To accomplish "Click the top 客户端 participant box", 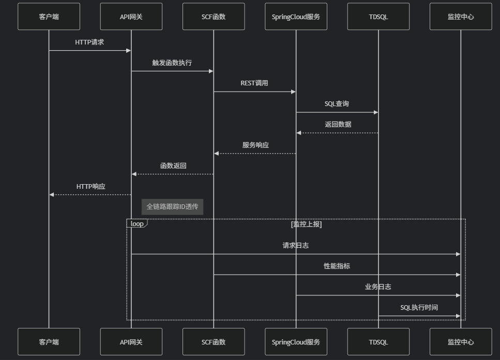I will click(x=49, y=17).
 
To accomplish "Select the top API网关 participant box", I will click(x=131, y=17).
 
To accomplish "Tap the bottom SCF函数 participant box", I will click(x=213, y=342).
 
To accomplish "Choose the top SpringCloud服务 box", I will click(x=296, y=17).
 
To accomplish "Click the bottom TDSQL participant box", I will click(x=378, y=342).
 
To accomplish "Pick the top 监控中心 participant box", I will click(x=460, y=17).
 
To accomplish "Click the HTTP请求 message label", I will click(x=89, y=42).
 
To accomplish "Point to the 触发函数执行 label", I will click(x=172, y=63).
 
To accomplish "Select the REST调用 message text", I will click(x=254, y=83).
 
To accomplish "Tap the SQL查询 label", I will click(x=337, y=104).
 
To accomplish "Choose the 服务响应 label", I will click(x=255, y=145).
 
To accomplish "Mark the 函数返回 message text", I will click(x=173, y=166).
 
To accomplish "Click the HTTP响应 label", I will click(x=91, y=186).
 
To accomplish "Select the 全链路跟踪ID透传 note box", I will click(x=172, y=207).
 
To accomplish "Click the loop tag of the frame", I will click(x=137, y=224).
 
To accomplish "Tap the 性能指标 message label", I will click(x=337, y=266).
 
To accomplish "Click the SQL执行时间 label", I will click(x=419, y=308).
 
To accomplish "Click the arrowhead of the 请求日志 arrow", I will click(x=458, y=254).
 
